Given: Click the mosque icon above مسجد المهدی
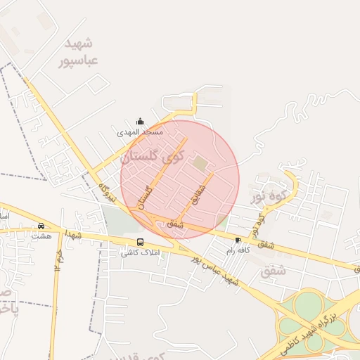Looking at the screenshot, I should (x=140, y=122).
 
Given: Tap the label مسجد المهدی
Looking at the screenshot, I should (x=140, y=132).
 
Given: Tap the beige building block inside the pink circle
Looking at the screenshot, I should (x=200, y=163).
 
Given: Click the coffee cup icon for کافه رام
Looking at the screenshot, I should (x=237, y=240).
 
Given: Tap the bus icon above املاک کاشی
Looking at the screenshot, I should (x=141, y=242).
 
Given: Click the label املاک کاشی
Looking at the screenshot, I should (x=141, y=252).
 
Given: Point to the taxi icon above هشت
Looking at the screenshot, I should (x=41, y=226).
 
